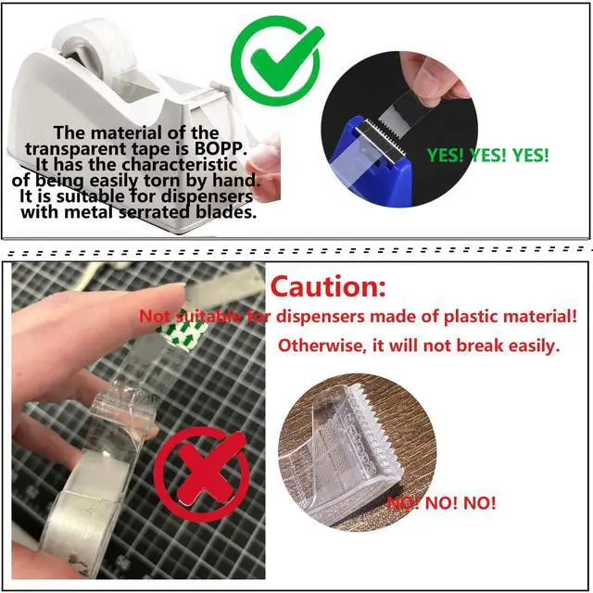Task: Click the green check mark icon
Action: [278, 60]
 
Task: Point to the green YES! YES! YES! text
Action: [487, 155]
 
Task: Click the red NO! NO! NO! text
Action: [441, 502]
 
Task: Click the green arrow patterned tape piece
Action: [183, 332]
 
